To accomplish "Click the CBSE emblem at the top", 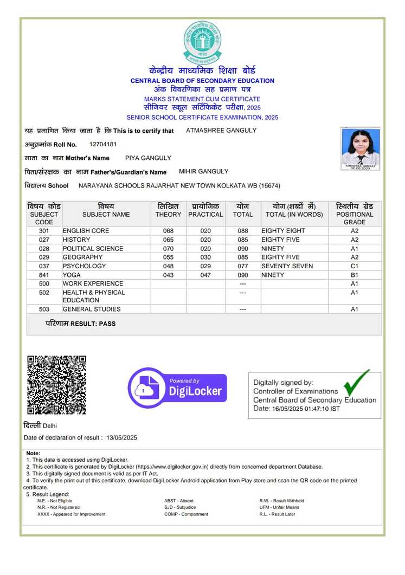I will click(202, 42).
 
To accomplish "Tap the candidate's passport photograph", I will click(360, 148).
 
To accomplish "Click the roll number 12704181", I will click(103, 144).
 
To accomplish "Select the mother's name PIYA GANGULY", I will click(148, 158).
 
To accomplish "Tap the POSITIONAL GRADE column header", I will click(355, 214).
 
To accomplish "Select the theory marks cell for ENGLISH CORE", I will click(168, 231).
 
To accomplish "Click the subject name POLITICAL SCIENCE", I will click(93, 249).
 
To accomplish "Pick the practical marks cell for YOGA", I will click(205, 275).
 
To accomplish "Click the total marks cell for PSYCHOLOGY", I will click(243, 266).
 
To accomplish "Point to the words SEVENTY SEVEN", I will click(287, 266).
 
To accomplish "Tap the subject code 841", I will click(44, 275).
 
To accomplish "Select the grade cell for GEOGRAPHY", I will click(355, 257).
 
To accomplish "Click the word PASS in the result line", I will click(108, 324).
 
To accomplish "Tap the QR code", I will click(57, 385).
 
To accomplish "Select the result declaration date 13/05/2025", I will click(122, 438).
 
